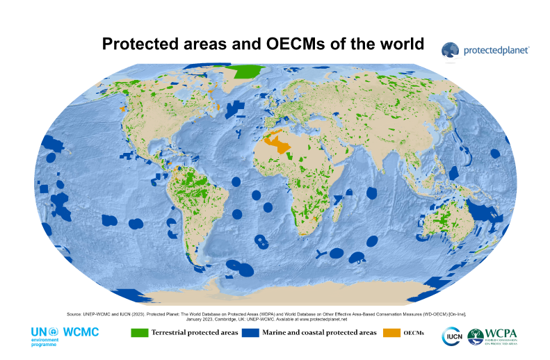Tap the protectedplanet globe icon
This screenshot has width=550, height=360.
click(450, 49)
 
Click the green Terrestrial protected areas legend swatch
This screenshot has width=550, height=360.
click(140, 333)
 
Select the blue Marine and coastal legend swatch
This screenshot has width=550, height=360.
click(250, 333)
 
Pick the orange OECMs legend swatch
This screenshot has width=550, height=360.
click(392, 333)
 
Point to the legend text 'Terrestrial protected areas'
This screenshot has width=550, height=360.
click(194, 333)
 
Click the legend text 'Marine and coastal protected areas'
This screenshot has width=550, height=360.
click(320, 333)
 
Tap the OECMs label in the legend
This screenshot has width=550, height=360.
click(415, 333)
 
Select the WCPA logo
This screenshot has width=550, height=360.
click(493, 337)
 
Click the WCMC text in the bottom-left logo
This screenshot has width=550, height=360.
click(81, 332)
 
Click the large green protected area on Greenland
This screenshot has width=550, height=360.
click(248, 72)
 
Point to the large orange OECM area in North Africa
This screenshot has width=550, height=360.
click(281, 145)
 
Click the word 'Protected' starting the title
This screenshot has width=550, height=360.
click(138, 44)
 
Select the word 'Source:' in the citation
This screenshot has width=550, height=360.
click(74, 314)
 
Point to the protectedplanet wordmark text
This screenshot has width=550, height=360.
click(496, 50)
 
